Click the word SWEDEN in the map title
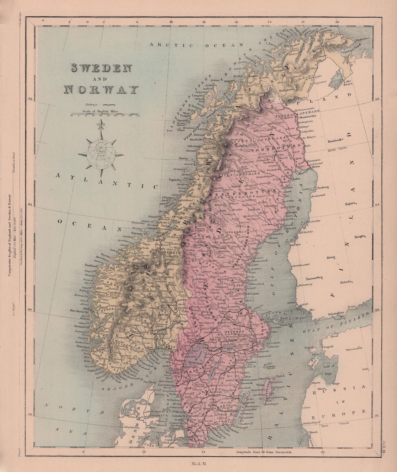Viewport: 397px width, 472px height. point(100,68)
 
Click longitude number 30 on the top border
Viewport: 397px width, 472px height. point(337,22)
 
